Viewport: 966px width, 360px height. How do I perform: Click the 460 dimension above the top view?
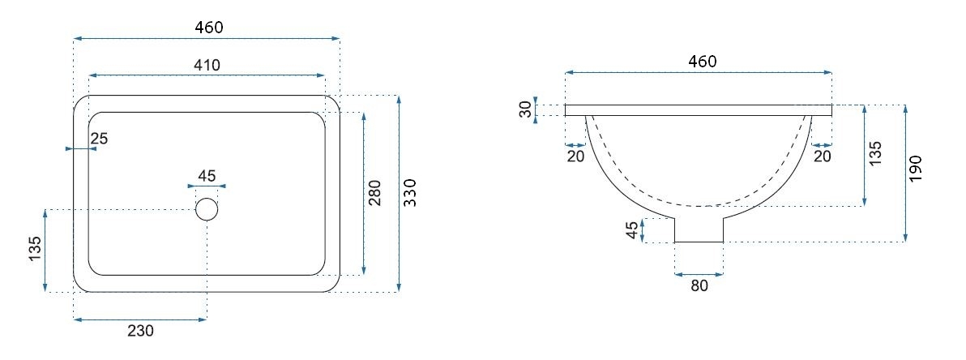(x=208, y=27)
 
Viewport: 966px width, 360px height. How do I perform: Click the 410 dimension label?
(x=207, y=65)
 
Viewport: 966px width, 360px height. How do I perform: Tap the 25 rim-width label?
(x=99, y=139)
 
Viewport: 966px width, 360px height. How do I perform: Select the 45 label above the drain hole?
(x=207, y=176)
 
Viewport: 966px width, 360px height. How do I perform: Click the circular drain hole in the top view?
(x=207, y=209)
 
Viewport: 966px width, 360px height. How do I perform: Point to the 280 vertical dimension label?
(x=375, y=193)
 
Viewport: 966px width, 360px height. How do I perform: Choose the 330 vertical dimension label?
(x=410, y=193)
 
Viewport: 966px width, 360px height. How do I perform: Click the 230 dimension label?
(x=140, y=331)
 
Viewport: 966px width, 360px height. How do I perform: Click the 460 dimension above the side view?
(x=703, y=62)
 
